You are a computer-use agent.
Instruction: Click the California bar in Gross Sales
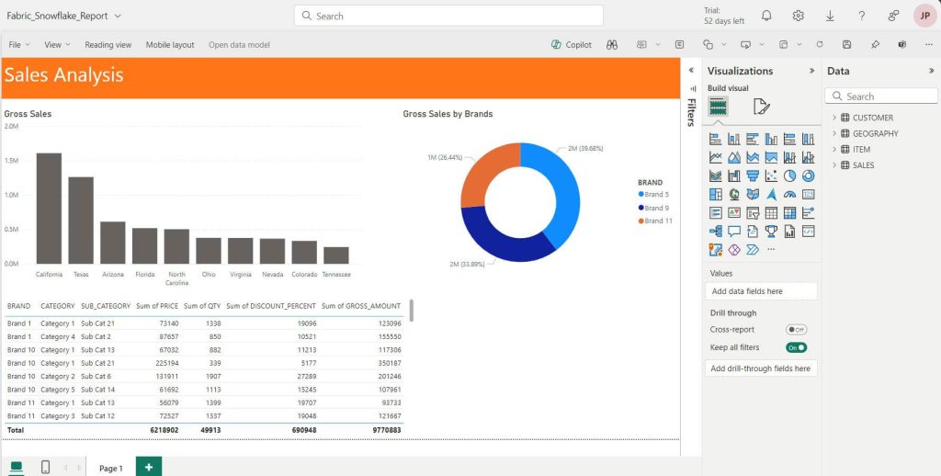click(49, 209)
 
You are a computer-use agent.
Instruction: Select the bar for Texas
click(81, 221)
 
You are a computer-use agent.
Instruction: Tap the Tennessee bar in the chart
click(335, 255)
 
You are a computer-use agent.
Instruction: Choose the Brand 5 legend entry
click(656, 195)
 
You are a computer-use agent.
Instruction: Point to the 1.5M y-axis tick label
click(12, 160)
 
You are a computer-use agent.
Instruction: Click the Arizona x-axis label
click(113, 274)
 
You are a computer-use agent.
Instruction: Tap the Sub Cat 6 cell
click(96, 377)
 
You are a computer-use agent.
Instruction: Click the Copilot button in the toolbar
click(572, 44)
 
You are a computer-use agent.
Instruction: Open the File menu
click(19, 44)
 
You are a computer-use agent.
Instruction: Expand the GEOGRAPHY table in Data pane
click(834, 133)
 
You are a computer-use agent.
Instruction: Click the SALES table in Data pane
click(863, 165)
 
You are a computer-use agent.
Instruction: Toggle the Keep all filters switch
click(796, 347)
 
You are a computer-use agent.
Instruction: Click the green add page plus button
click(149, 467)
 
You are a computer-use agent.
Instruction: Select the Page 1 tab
click(110, 468)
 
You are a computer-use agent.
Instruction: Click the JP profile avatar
click(924, 16)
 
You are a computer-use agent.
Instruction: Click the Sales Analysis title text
click(63, 75)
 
